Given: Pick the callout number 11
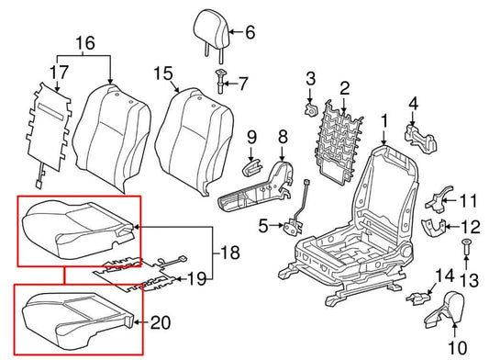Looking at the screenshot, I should click(x=470, y=201).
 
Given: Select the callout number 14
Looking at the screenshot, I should click(x=444, y=274).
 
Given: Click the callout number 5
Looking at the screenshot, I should click(x=263, y=224).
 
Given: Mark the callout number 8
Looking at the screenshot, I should click(x=282, y=138).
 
